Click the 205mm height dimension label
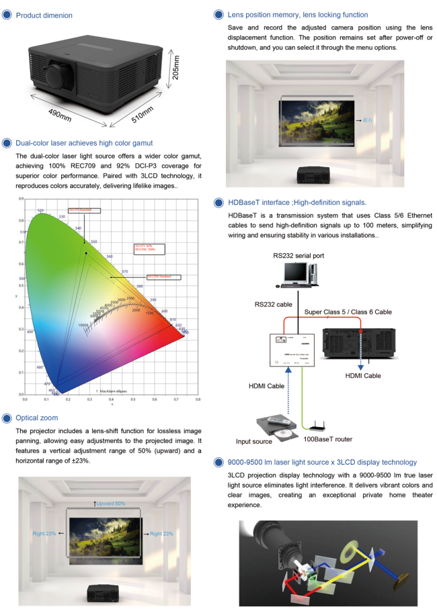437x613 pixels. tap(176, 67)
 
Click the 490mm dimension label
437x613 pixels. tap(60, 115)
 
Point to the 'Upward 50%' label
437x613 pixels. tap(110, 504)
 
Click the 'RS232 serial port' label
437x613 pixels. tap(299, 255)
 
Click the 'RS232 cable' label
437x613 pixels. tap(273, 304)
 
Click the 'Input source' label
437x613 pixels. tap(253, 441)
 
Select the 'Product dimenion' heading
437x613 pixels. tap(44, 15)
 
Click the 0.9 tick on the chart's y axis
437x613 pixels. tap(21, 199)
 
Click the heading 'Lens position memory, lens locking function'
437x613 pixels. tap(298, 15)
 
